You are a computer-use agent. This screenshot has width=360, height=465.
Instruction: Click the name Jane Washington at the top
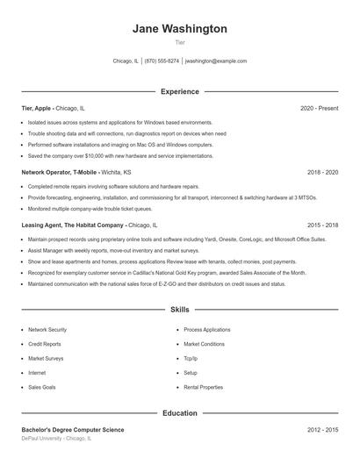pyautogui.click(x=179, y=29)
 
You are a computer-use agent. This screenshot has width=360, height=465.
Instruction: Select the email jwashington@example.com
pyautogui.click(x=216, y=61)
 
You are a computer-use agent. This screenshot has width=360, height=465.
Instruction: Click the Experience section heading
pyautogui.click(x=179, y=91)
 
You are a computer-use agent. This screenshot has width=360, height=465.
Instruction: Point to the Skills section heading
pyautogui.click(x=179, y=310)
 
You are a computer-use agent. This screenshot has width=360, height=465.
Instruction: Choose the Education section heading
pyautogui.click(x=179, y=412)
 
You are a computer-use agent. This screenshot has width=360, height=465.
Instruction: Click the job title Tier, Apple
pyautogui.click(x=38, y=108)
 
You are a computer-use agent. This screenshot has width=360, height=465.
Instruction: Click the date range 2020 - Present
pyautogui.click(x=319, y=108)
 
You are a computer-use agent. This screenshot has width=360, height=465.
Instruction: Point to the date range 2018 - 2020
pyautogui.click(x=322, y=173)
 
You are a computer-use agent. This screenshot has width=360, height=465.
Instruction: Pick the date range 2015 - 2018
pyautogui.click(x=322, y=225)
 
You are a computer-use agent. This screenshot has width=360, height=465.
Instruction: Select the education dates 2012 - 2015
pyautogui.click(x=322, y=430)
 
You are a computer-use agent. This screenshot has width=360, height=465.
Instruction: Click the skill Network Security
pyautogui.click(x=47, y=330)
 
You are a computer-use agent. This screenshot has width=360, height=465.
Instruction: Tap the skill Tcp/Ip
pyautogui.click(x=191, y=358)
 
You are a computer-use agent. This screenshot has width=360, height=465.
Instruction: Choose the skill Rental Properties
pyautogui.click(x=203, y=387)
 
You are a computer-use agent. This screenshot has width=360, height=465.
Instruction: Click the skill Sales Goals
pyautogui.click(x=42, y=387)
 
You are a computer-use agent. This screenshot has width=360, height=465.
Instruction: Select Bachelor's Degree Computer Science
pyautogui.click(x=73, y=430)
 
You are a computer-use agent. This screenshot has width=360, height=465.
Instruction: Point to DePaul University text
pyautogui.click(x=43, y=438)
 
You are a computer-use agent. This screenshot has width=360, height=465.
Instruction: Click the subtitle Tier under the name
pyautogui.click(x=179, y=42)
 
